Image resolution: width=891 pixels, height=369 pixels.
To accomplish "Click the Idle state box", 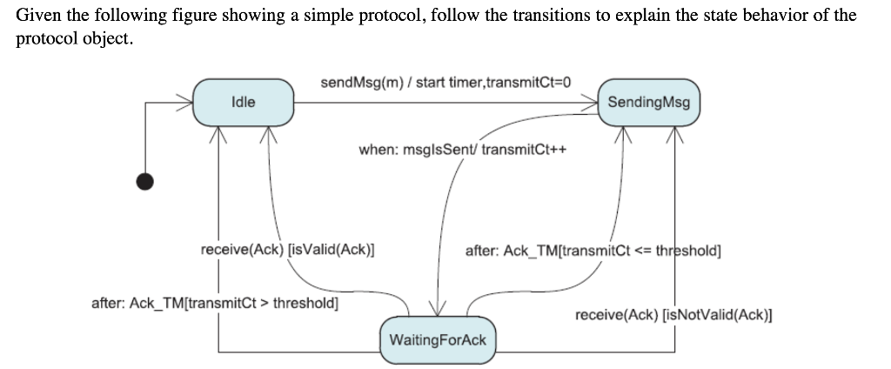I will click(243, 102).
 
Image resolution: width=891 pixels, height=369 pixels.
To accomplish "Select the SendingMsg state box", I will click(648, 102).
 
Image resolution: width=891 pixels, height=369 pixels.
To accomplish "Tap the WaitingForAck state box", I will click(438, 339).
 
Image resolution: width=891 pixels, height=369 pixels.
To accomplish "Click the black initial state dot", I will click(146, 180).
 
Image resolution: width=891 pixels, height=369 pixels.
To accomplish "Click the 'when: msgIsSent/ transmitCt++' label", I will click(462, 149).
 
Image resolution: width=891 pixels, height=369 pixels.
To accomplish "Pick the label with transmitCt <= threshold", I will click(593, 251).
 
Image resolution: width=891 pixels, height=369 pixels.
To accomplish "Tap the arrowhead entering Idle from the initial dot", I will click(184, 102).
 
